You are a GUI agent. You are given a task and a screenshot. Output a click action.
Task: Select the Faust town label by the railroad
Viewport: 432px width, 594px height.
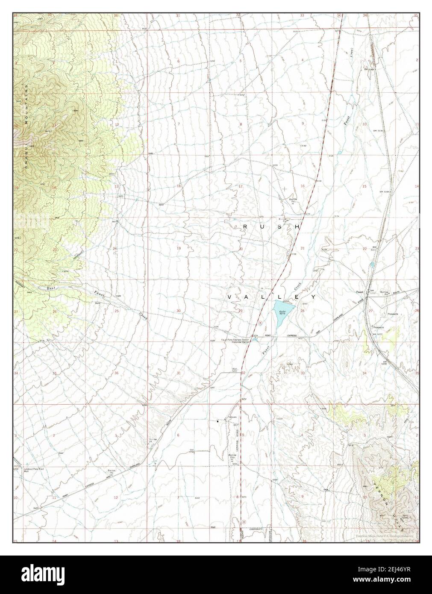tap(360, 293)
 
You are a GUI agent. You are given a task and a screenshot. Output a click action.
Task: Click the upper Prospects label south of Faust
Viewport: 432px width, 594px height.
tap(393, 314)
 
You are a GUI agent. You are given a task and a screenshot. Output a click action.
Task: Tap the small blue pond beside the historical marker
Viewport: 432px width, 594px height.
tap(255, 340)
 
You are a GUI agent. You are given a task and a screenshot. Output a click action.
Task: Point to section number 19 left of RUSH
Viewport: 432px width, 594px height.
tap(179, 248)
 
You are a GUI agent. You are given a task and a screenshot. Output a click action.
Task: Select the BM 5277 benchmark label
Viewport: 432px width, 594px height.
tap(376, 334)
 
